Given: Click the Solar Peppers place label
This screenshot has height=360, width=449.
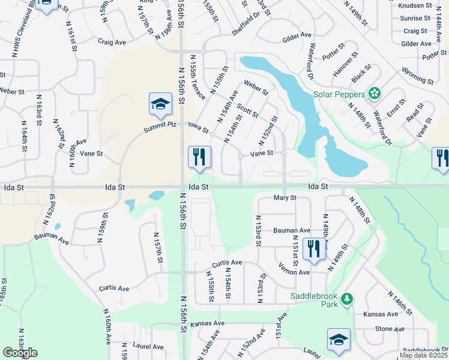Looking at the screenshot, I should coord(339,95).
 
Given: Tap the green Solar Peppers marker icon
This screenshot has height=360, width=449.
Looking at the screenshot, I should coord(375,93).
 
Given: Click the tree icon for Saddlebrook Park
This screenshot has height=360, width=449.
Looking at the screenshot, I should coord(346,298).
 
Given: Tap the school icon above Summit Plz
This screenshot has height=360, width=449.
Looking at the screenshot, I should coord(160,104).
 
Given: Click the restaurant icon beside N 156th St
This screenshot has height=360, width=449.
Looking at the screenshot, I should coord(199,157).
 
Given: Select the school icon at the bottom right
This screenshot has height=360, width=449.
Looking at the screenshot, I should coord(339,339).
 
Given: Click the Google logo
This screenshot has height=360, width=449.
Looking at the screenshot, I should coord(20,353).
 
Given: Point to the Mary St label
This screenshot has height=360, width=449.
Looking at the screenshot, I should coord(285,198).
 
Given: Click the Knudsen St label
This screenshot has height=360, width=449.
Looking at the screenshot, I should coord(415,5).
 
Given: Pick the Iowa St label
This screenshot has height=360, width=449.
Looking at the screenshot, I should coord(197,128).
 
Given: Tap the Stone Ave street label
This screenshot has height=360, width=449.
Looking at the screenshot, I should coord(390,329).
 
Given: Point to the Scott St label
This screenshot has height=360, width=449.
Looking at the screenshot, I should coord(247,111).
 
